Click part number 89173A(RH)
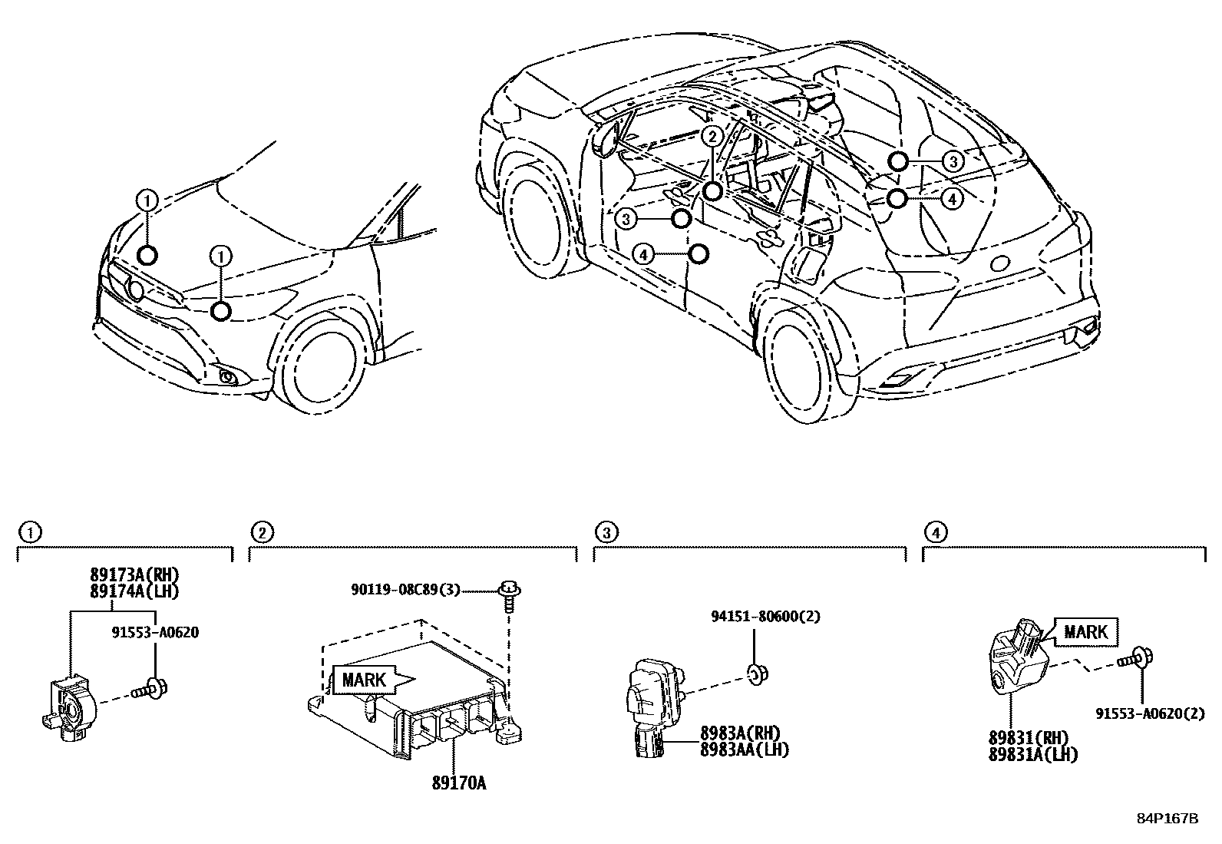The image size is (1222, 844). click(x=127, y=575)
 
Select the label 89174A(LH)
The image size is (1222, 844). click(x=127, y=591)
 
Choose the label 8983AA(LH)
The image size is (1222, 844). click(x=744, y=750)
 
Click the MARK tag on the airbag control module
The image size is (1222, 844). click(x=365, y=680)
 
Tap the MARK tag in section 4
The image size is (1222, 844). click(x=1085, y=632)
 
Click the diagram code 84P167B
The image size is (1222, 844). click(x=1167, y=818)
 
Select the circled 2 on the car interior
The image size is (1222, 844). click(x=712, y=137)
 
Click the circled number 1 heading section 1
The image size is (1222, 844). click(x=28, y=531)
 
